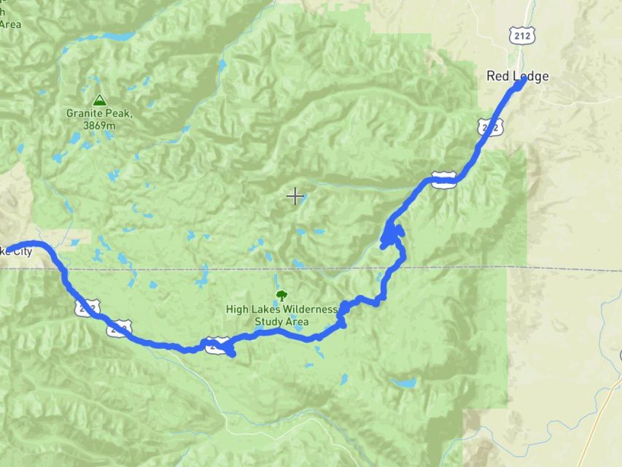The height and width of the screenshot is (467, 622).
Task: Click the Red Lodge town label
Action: [517, 76]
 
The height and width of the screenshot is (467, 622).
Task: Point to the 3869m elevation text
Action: [99, 126]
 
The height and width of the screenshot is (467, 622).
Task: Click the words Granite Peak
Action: [98, 114]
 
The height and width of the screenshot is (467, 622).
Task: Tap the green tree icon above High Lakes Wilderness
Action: [281, 296]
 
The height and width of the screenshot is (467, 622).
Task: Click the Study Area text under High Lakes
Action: [281, 321]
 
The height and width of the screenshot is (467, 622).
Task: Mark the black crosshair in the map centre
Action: [295, 196]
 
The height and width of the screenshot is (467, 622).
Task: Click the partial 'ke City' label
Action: [16, 252]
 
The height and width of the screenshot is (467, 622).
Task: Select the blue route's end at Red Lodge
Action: [523, 82]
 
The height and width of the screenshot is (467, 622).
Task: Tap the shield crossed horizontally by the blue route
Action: [443, 179]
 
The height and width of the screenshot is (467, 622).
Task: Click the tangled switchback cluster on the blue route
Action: [392, 236]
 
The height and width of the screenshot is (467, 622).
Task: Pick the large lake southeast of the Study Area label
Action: [403, 382]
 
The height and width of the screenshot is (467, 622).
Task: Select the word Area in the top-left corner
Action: [10, 23]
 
